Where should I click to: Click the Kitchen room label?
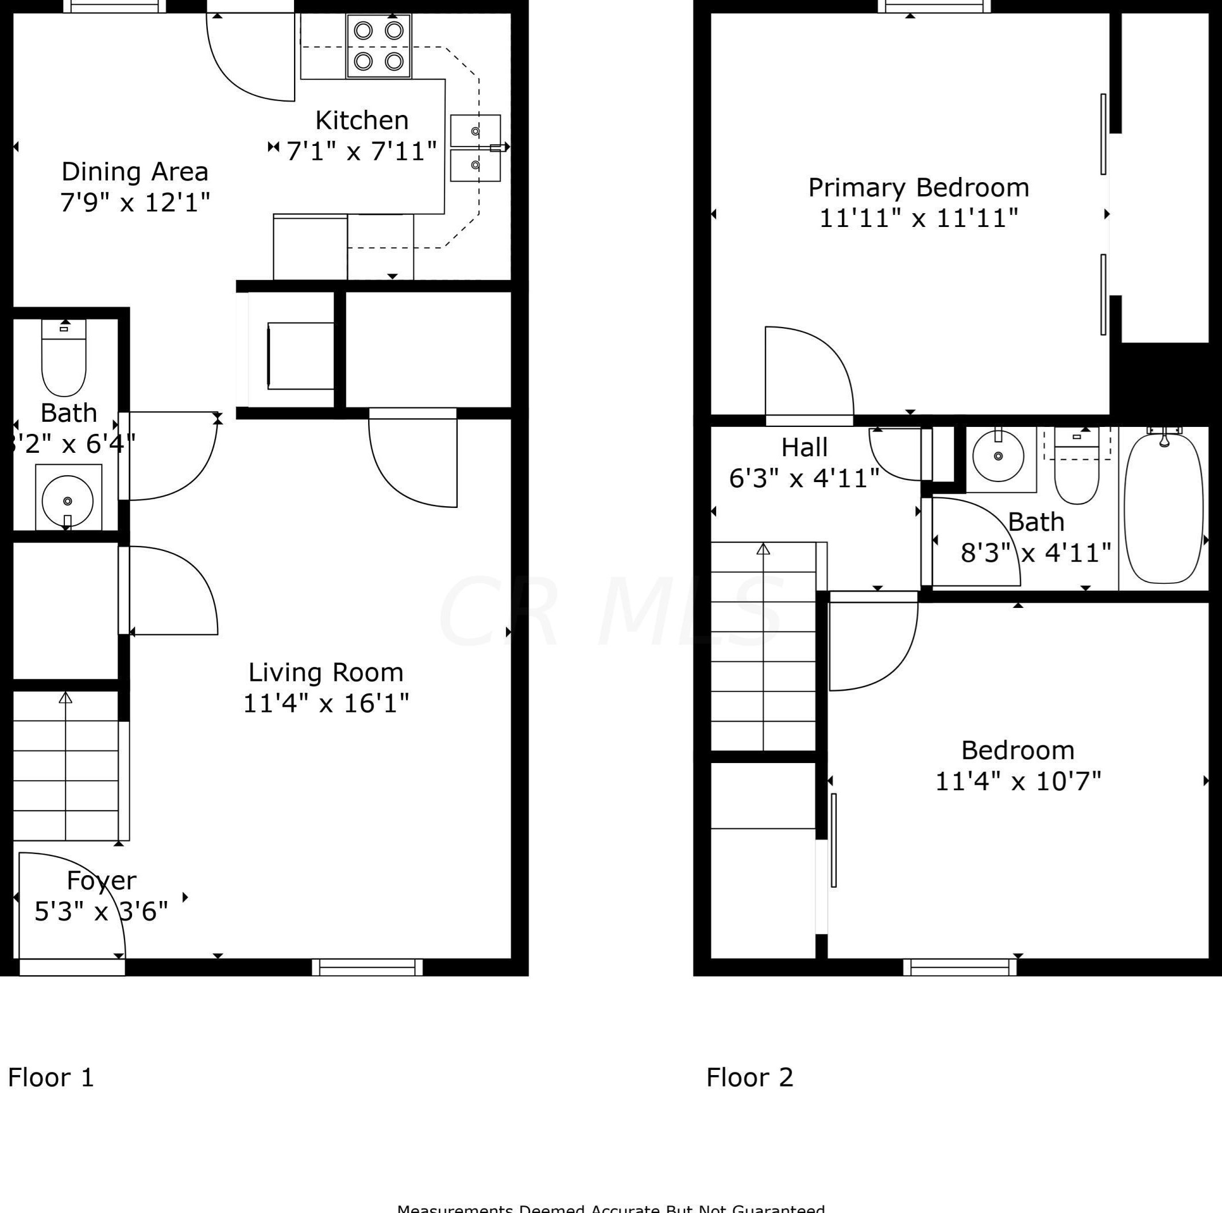361,120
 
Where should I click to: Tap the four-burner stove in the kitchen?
378,46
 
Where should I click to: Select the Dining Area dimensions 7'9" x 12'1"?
135,202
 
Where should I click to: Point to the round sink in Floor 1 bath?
68,500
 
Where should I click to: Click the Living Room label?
326,672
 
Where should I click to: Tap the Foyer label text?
101,880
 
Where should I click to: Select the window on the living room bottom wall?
367,967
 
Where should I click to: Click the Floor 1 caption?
51,1077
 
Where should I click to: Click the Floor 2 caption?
749,1077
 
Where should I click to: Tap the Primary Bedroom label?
918,188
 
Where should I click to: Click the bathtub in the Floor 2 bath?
1163,506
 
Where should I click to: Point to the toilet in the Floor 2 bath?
1077,478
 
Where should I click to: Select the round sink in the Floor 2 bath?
998,456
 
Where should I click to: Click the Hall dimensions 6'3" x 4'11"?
804,479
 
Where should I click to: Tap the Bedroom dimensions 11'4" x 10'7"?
1018,781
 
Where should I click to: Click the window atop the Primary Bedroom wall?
934,6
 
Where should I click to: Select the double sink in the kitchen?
475,148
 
